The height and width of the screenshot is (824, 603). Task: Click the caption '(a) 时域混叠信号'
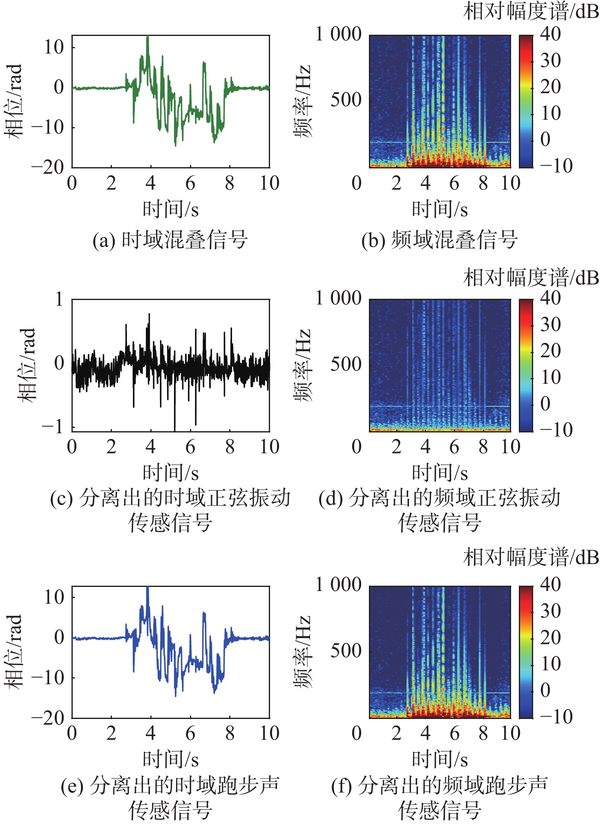pos(170,240)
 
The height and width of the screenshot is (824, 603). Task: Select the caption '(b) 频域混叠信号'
pos(440,240)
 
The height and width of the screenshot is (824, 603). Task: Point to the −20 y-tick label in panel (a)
pos(48,168)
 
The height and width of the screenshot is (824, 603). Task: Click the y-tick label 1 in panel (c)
pos(59,299)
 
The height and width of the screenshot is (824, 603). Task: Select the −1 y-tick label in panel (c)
pos(53,426)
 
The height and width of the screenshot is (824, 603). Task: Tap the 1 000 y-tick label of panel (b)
pos(339,34)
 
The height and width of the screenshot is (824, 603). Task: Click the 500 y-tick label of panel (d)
pos(346,364)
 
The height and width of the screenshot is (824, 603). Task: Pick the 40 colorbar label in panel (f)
pos(550,584)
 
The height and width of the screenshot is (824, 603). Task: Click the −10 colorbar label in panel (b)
pos(556,166)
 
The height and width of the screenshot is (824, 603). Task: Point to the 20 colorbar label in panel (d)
pos(550,351)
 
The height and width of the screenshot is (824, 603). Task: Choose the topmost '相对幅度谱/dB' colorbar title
pos(531,11)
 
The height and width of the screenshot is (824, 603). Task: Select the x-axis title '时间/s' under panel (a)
pos(170,209)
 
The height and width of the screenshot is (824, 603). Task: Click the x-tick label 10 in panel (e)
pos(270,733)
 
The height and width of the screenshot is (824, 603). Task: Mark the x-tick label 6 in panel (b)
pos(454,183)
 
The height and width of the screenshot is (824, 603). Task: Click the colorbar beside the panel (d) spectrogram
pos(526,365)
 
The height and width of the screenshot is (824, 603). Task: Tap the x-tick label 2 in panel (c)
pos(111,447)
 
